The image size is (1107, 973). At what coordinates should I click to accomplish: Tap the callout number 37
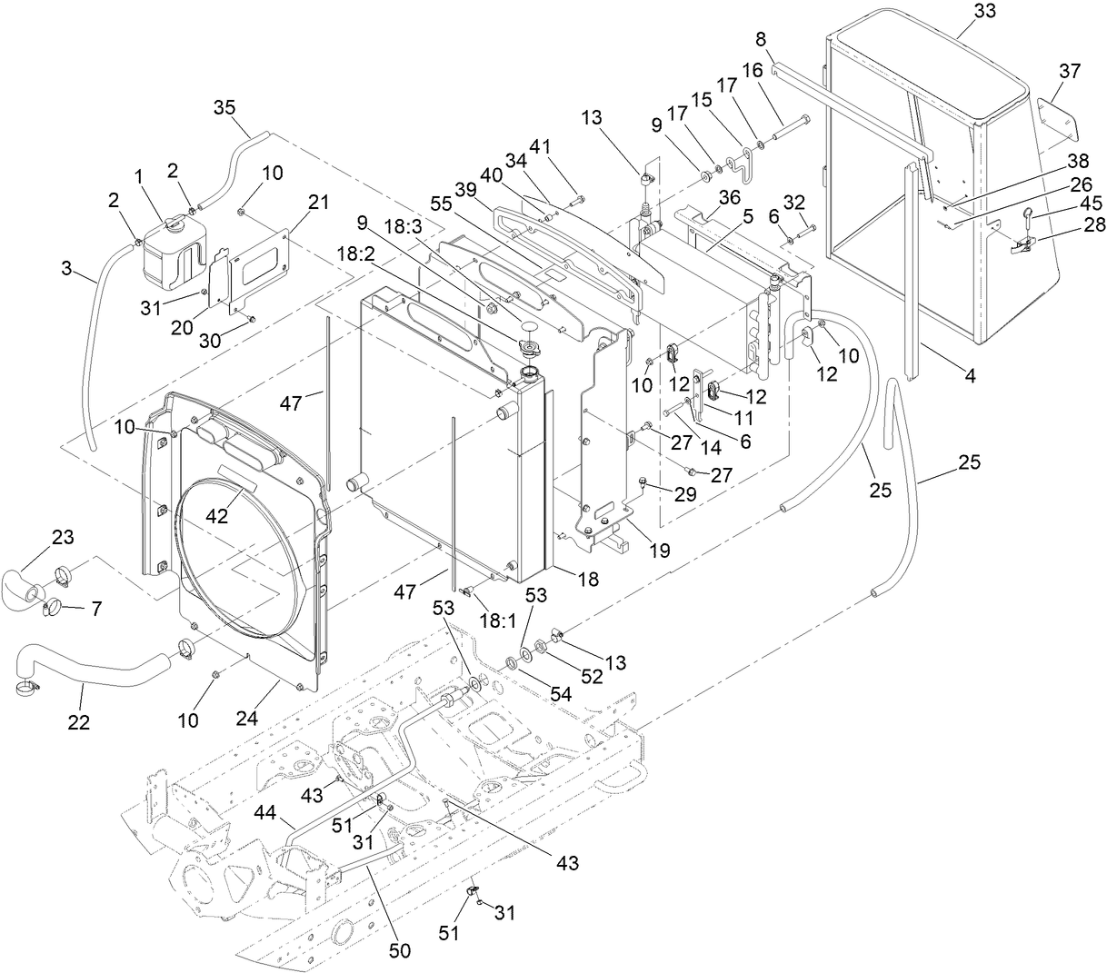[x=1069, y=70]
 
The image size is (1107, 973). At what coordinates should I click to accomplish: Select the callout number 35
[x=224, y=106]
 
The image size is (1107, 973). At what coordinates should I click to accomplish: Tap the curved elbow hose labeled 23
[x=23, y=581]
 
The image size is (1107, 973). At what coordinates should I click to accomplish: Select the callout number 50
[x=400, y=950]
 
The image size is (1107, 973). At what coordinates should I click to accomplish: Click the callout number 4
[x=970, y=373]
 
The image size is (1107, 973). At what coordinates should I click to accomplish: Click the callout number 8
[x=761, y=38]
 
